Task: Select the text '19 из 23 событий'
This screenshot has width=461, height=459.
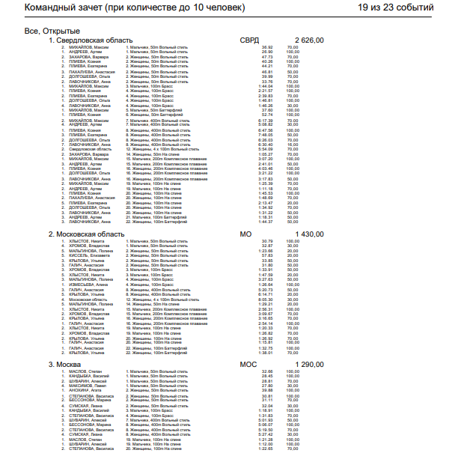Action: [396, 8]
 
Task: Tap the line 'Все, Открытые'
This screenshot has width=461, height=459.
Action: [52, 31]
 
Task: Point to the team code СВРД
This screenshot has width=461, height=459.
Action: [251, 40]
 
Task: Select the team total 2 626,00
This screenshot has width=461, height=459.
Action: [310, 40]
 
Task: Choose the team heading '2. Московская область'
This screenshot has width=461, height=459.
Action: [86, 234]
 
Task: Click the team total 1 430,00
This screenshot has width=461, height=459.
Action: [310, 234]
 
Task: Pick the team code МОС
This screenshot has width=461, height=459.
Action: [248, 365]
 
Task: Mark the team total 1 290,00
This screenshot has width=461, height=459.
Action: [310, 365]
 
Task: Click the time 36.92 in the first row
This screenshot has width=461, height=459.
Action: [266, 47]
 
